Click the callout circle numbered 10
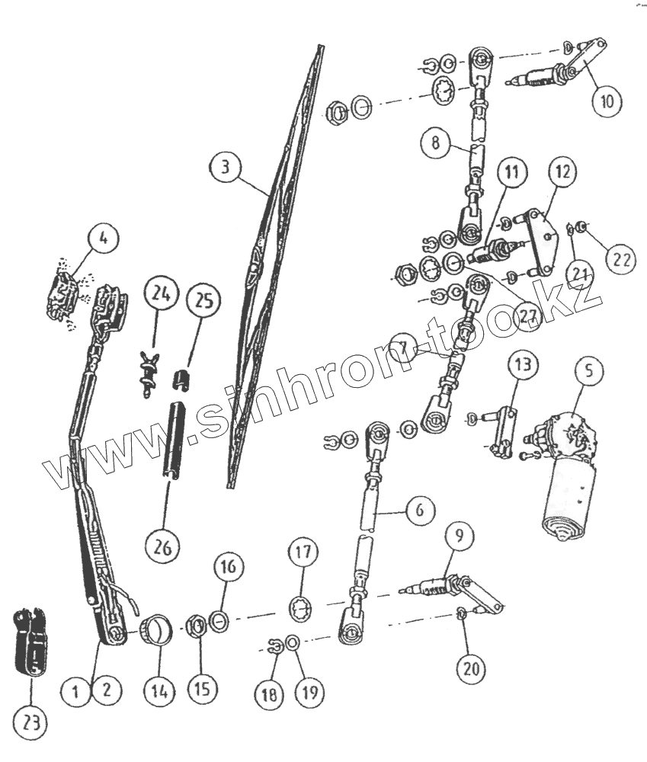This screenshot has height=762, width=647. coord(607,102)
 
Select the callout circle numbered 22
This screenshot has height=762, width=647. coord(622,258)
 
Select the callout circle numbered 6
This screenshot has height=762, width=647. coord(418,510)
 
